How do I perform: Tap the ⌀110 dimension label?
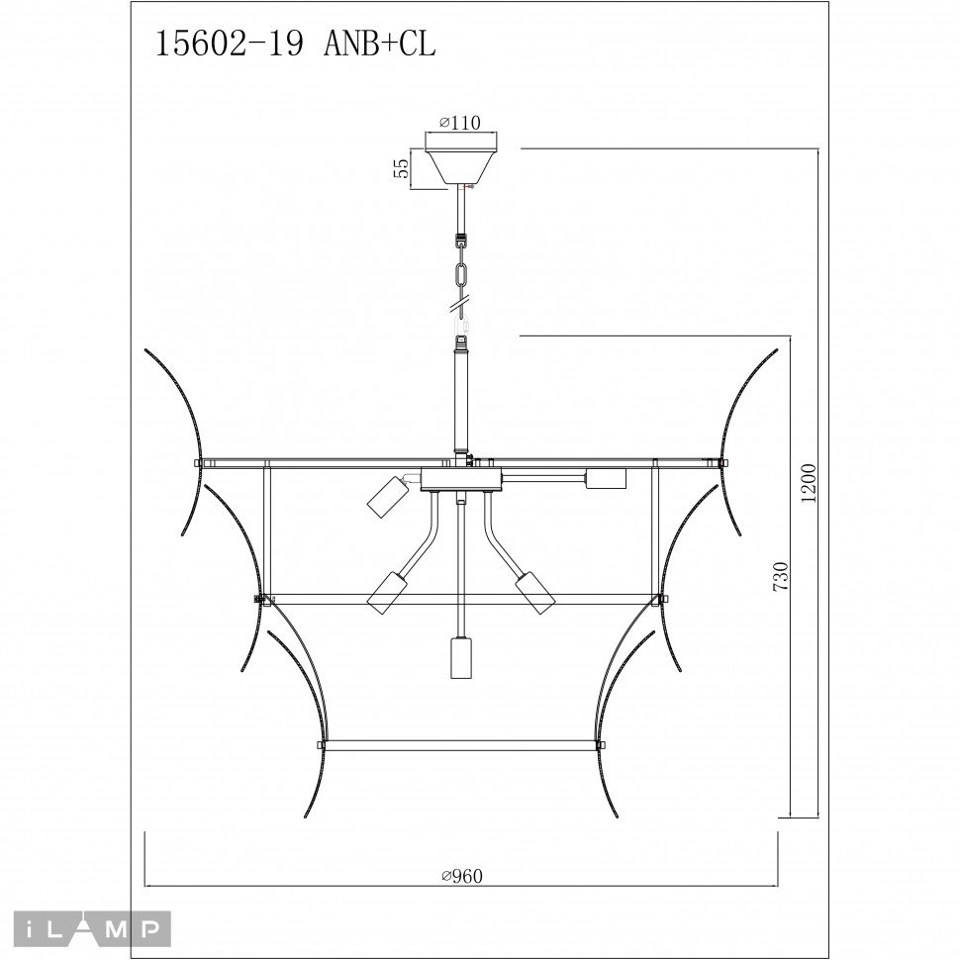(460, 123)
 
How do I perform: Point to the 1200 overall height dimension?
(809, 484)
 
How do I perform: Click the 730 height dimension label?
(781, 578)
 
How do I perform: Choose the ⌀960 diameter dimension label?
(466, 875)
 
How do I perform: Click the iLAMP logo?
(85, 929)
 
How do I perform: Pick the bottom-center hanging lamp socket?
(459, 657)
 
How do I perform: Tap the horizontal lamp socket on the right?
(606, 479)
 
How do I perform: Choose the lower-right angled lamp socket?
(533, 592)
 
